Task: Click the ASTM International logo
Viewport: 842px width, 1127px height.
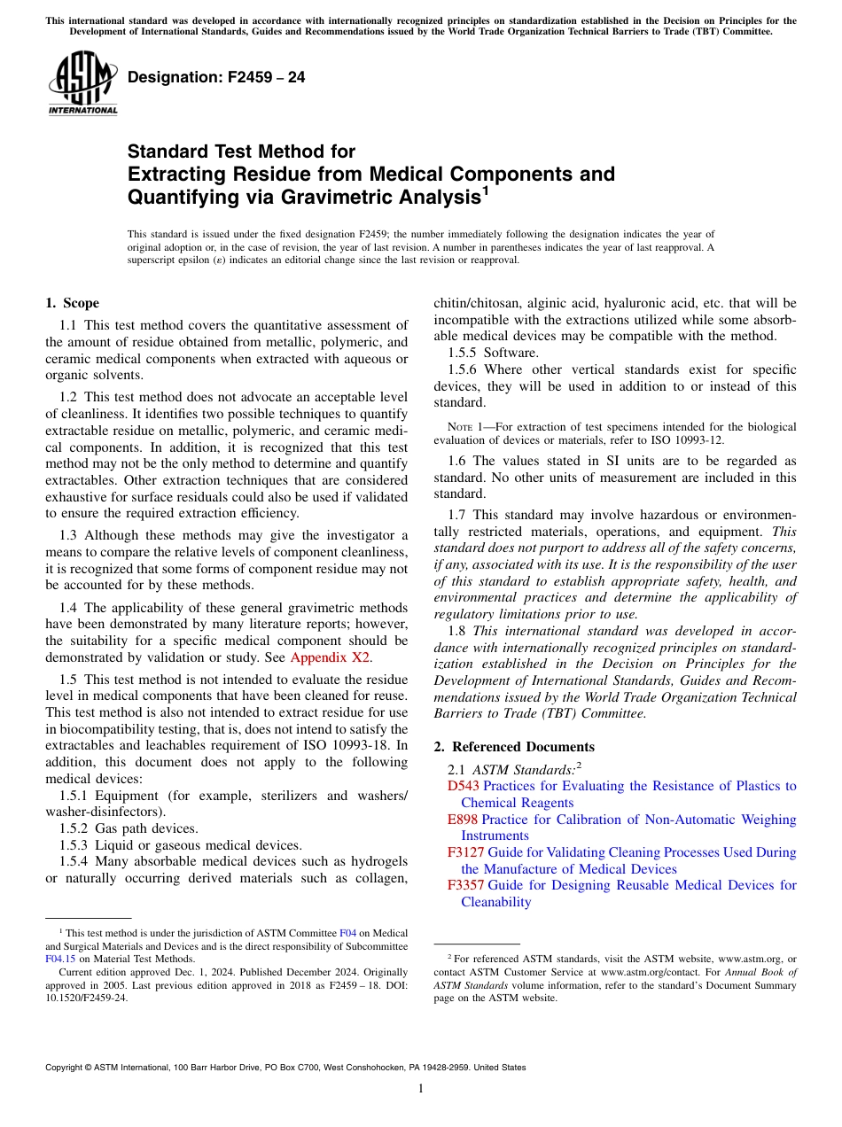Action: (82, 84)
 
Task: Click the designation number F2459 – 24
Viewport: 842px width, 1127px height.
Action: (216, 78)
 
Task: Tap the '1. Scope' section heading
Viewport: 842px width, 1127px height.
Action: (72, 303)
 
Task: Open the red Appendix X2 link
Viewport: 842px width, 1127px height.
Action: (331, 657)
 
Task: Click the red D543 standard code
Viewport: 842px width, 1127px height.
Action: (463, 786)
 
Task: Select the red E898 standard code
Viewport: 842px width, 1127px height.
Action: (462, 820)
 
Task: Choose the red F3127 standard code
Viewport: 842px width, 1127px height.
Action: (465, 852)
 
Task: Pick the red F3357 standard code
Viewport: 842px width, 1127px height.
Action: (465, 885)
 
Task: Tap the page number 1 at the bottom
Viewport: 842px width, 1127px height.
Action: (421, 1089)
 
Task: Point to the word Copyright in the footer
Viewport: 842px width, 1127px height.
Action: (65, 1068)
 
